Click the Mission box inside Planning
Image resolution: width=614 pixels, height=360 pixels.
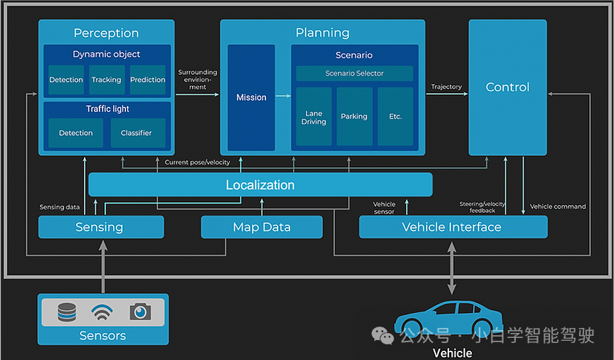251,97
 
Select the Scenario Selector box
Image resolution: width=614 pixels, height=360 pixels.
354,73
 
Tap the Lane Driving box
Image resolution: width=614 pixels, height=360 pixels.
314,117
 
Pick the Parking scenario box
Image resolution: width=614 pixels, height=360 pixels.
354,117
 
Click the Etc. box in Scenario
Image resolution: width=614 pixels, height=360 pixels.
395,117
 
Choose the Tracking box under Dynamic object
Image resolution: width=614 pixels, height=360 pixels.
107,80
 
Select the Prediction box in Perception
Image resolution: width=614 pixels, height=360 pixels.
148,80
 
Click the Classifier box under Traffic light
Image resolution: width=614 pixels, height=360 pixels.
137,133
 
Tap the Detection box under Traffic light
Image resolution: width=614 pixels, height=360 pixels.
76,133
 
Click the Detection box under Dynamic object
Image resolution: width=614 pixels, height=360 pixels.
66,80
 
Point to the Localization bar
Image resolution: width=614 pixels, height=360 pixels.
260,185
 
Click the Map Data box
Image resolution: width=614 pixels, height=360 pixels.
262,228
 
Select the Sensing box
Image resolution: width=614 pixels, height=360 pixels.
100,228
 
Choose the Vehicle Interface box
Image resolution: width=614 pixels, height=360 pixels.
452,228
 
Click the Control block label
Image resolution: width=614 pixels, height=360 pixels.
507,87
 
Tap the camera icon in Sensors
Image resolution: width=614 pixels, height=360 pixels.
140,312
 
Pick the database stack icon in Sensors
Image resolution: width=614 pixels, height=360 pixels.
66,312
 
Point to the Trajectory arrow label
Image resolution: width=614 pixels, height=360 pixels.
446,87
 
